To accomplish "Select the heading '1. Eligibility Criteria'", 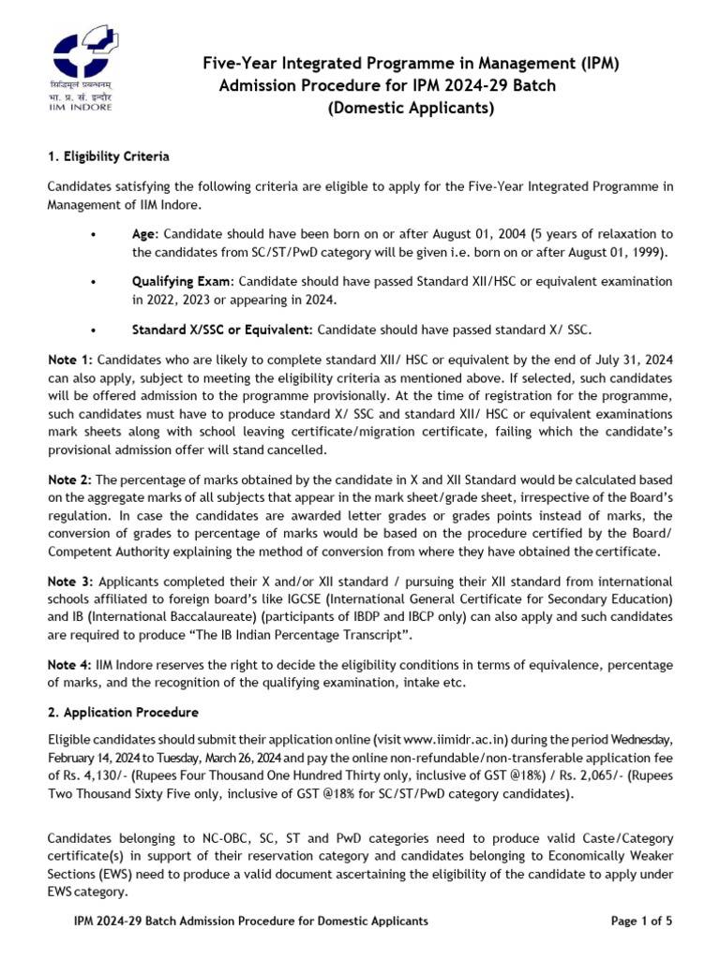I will (x=109, y=155).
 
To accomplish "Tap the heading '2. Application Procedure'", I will (x=123, y=713).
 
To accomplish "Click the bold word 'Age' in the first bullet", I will (x=144, y=233).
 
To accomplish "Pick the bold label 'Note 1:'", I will (x=70, y=360).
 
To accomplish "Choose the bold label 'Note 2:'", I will (x=70, y=480).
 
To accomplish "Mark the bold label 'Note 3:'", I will (x=70, y=583).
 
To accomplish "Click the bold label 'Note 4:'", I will (x=70, y=665).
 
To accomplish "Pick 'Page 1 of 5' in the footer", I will (x=641, y=922).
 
